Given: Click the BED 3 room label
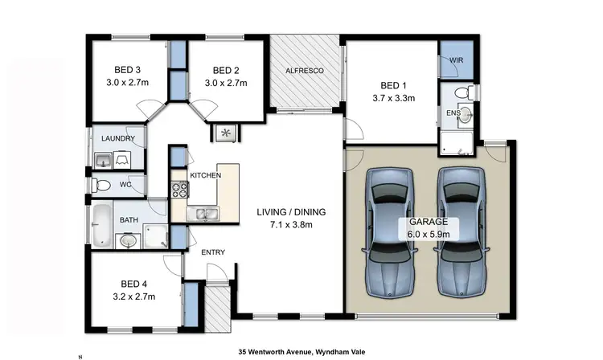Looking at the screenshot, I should pos(123,70).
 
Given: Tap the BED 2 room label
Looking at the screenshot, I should pos(225,70).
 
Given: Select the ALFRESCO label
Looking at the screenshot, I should pos(305,72).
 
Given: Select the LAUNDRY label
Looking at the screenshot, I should pos(117,139).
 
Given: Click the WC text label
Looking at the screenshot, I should pos(125,185).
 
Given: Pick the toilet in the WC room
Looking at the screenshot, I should pos(100,186).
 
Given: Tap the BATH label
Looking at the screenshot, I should pos(129,219).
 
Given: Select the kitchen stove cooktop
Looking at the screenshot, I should pos(178,190).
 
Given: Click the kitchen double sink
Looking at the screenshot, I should pos(199,214).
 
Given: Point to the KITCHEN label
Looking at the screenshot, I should pos(205,175).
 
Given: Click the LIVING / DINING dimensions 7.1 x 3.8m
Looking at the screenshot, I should pos(290,225).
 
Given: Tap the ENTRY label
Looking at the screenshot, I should pos(213,252).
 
